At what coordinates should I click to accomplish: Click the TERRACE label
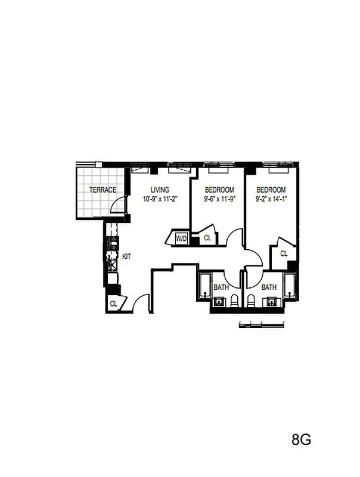103,190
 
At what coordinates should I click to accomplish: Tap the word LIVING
160,190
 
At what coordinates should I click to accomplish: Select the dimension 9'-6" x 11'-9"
220,199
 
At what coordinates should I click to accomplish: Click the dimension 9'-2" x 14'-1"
271,199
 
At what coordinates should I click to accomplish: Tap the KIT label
126,256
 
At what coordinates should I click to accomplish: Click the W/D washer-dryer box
181,238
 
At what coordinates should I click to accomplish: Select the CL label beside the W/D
207,238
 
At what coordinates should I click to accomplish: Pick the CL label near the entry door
113,303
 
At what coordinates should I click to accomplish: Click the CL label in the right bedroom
284,253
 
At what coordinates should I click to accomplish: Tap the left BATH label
221,287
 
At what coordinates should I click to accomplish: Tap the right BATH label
269,287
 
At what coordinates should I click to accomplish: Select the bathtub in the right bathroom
290,287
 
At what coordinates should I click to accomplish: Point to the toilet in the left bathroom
235,299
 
